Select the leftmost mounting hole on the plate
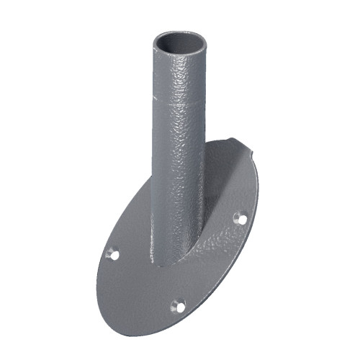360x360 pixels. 112,253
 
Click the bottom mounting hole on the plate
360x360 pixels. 176,306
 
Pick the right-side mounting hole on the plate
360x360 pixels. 240,218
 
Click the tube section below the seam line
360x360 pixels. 176,180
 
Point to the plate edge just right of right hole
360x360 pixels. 252,216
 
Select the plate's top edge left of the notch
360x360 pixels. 223,145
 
